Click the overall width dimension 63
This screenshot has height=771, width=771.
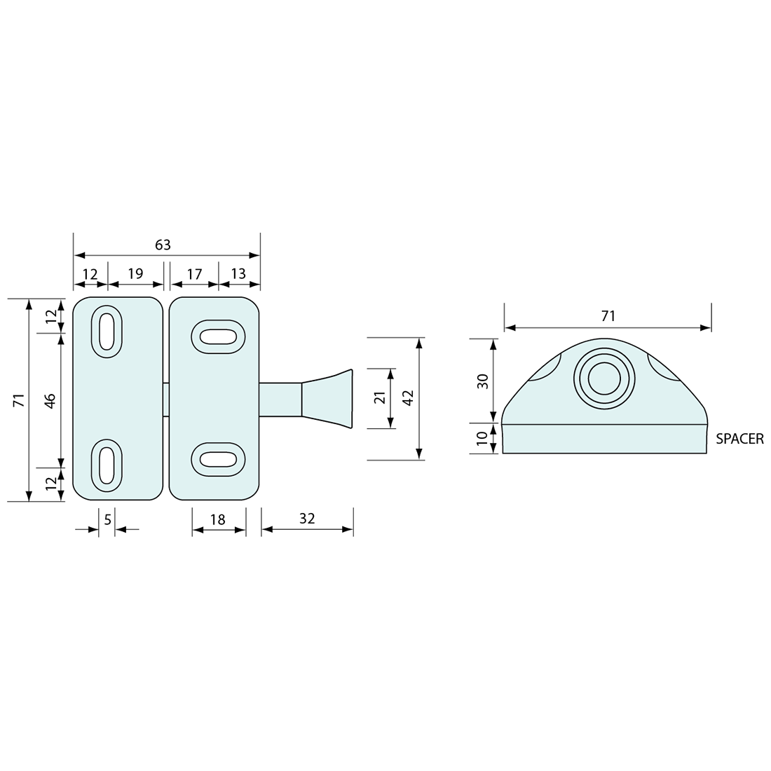point(163,245)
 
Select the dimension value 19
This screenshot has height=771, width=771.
point(135,273)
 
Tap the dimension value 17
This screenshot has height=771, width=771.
point(194,274)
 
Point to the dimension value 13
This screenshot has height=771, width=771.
point(238,273)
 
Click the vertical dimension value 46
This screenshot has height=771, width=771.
point(50,401)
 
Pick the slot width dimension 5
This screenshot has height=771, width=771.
point(107,519)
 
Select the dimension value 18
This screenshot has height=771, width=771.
point(218,519)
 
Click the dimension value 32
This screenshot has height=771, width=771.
point(307,519)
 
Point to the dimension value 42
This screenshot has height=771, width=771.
point(409,397)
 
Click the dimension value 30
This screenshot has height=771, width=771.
point(482,381)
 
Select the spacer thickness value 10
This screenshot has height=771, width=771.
point(482,439)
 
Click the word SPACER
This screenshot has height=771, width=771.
point(739,439)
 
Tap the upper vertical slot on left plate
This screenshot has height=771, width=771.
point(106,332)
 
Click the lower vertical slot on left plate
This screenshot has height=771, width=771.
point(106,465)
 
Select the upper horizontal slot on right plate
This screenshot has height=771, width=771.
point(218,337)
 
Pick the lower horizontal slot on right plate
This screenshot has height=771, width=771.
point(218,459)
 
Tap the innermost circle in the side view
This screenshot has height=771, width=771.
point(603,379)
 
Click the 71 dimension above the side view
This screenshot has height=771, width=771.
point(608,316)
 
